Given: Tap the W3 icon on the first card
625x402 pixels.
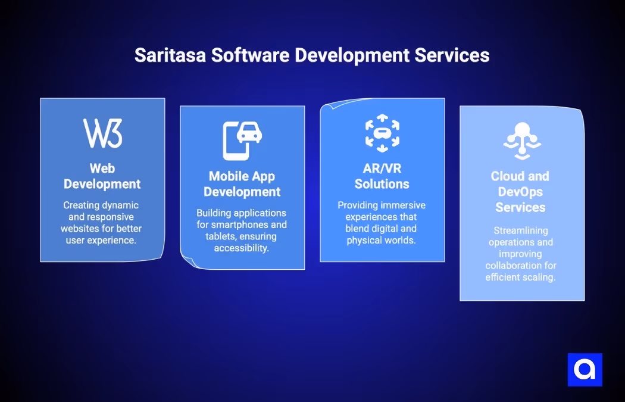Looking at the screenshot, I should coord(102,133).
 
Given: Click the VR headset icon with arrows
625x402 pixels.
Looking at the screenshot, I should coord(382,133).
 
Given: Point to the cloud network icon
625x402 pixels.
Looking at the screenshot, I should coord(521,139).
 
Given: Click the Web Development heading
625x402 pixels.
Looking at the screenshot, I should coord(102,176).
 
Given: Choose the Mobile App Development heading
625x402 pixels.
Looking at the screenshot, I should coord(242,184).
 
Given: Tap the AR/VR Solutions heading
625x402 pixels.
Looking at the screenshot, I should coord(382,176).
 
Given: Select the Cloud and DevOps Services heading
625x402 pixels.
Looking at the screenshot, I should coord(520,192).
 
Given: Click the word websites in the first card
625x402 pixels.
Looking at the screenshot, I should coord(79,228).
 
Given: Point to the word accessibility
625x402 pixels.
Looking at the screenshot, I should coord(242,248).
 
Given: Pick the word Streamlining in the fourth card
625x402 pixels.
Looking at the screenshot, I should coord(520,230).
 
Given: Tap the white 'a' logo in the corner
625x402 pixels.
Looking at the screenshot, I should coord(585,369).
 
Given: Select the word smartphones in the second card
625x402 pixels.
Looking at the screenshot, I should coord(249,225).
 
